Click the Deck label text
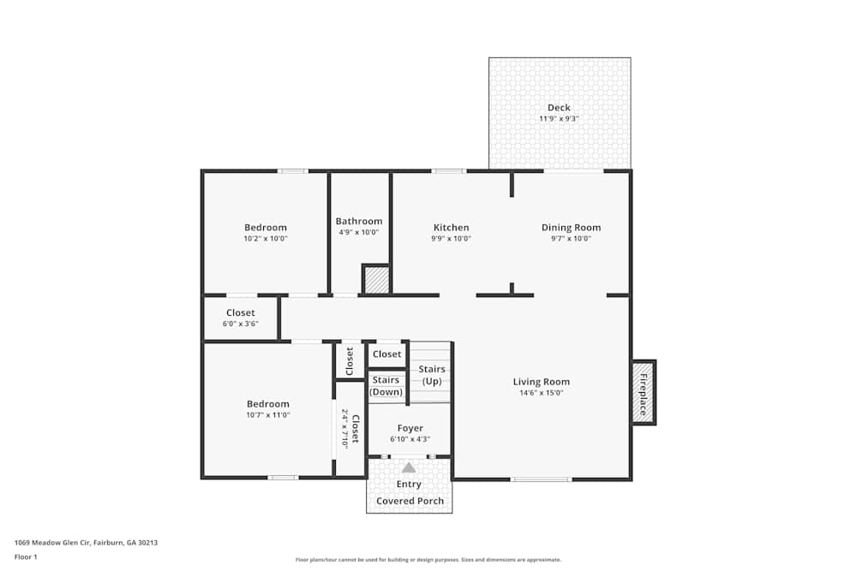pos(559,108)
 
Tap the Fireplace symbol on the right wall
pos(643,392)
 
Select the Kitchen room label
pos(451,228)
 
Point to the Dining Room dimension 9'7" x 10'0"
pos(571,239)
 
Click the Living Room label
pos(541,382)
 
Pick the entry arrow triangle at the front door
pos(409,467)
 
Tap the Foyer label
pos(410,428)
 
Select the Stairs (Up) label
pos(432,375)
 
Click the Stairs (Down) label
pos(386,386)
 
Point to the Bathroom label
pos(359,221)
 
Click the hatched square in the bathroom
pos(375,280)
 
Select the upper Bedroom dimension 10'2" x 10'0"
pos(266,239)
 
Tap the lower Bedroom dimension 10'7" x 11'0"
pos(268,415)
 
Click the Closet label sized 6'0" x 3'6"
pos(241,313)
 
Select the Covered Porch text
pos(410,501)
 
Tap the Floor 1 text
pos(26,557)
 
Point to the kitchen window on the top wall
pos(448,171)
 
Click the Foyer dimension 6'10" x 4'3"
pos(410,439)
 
